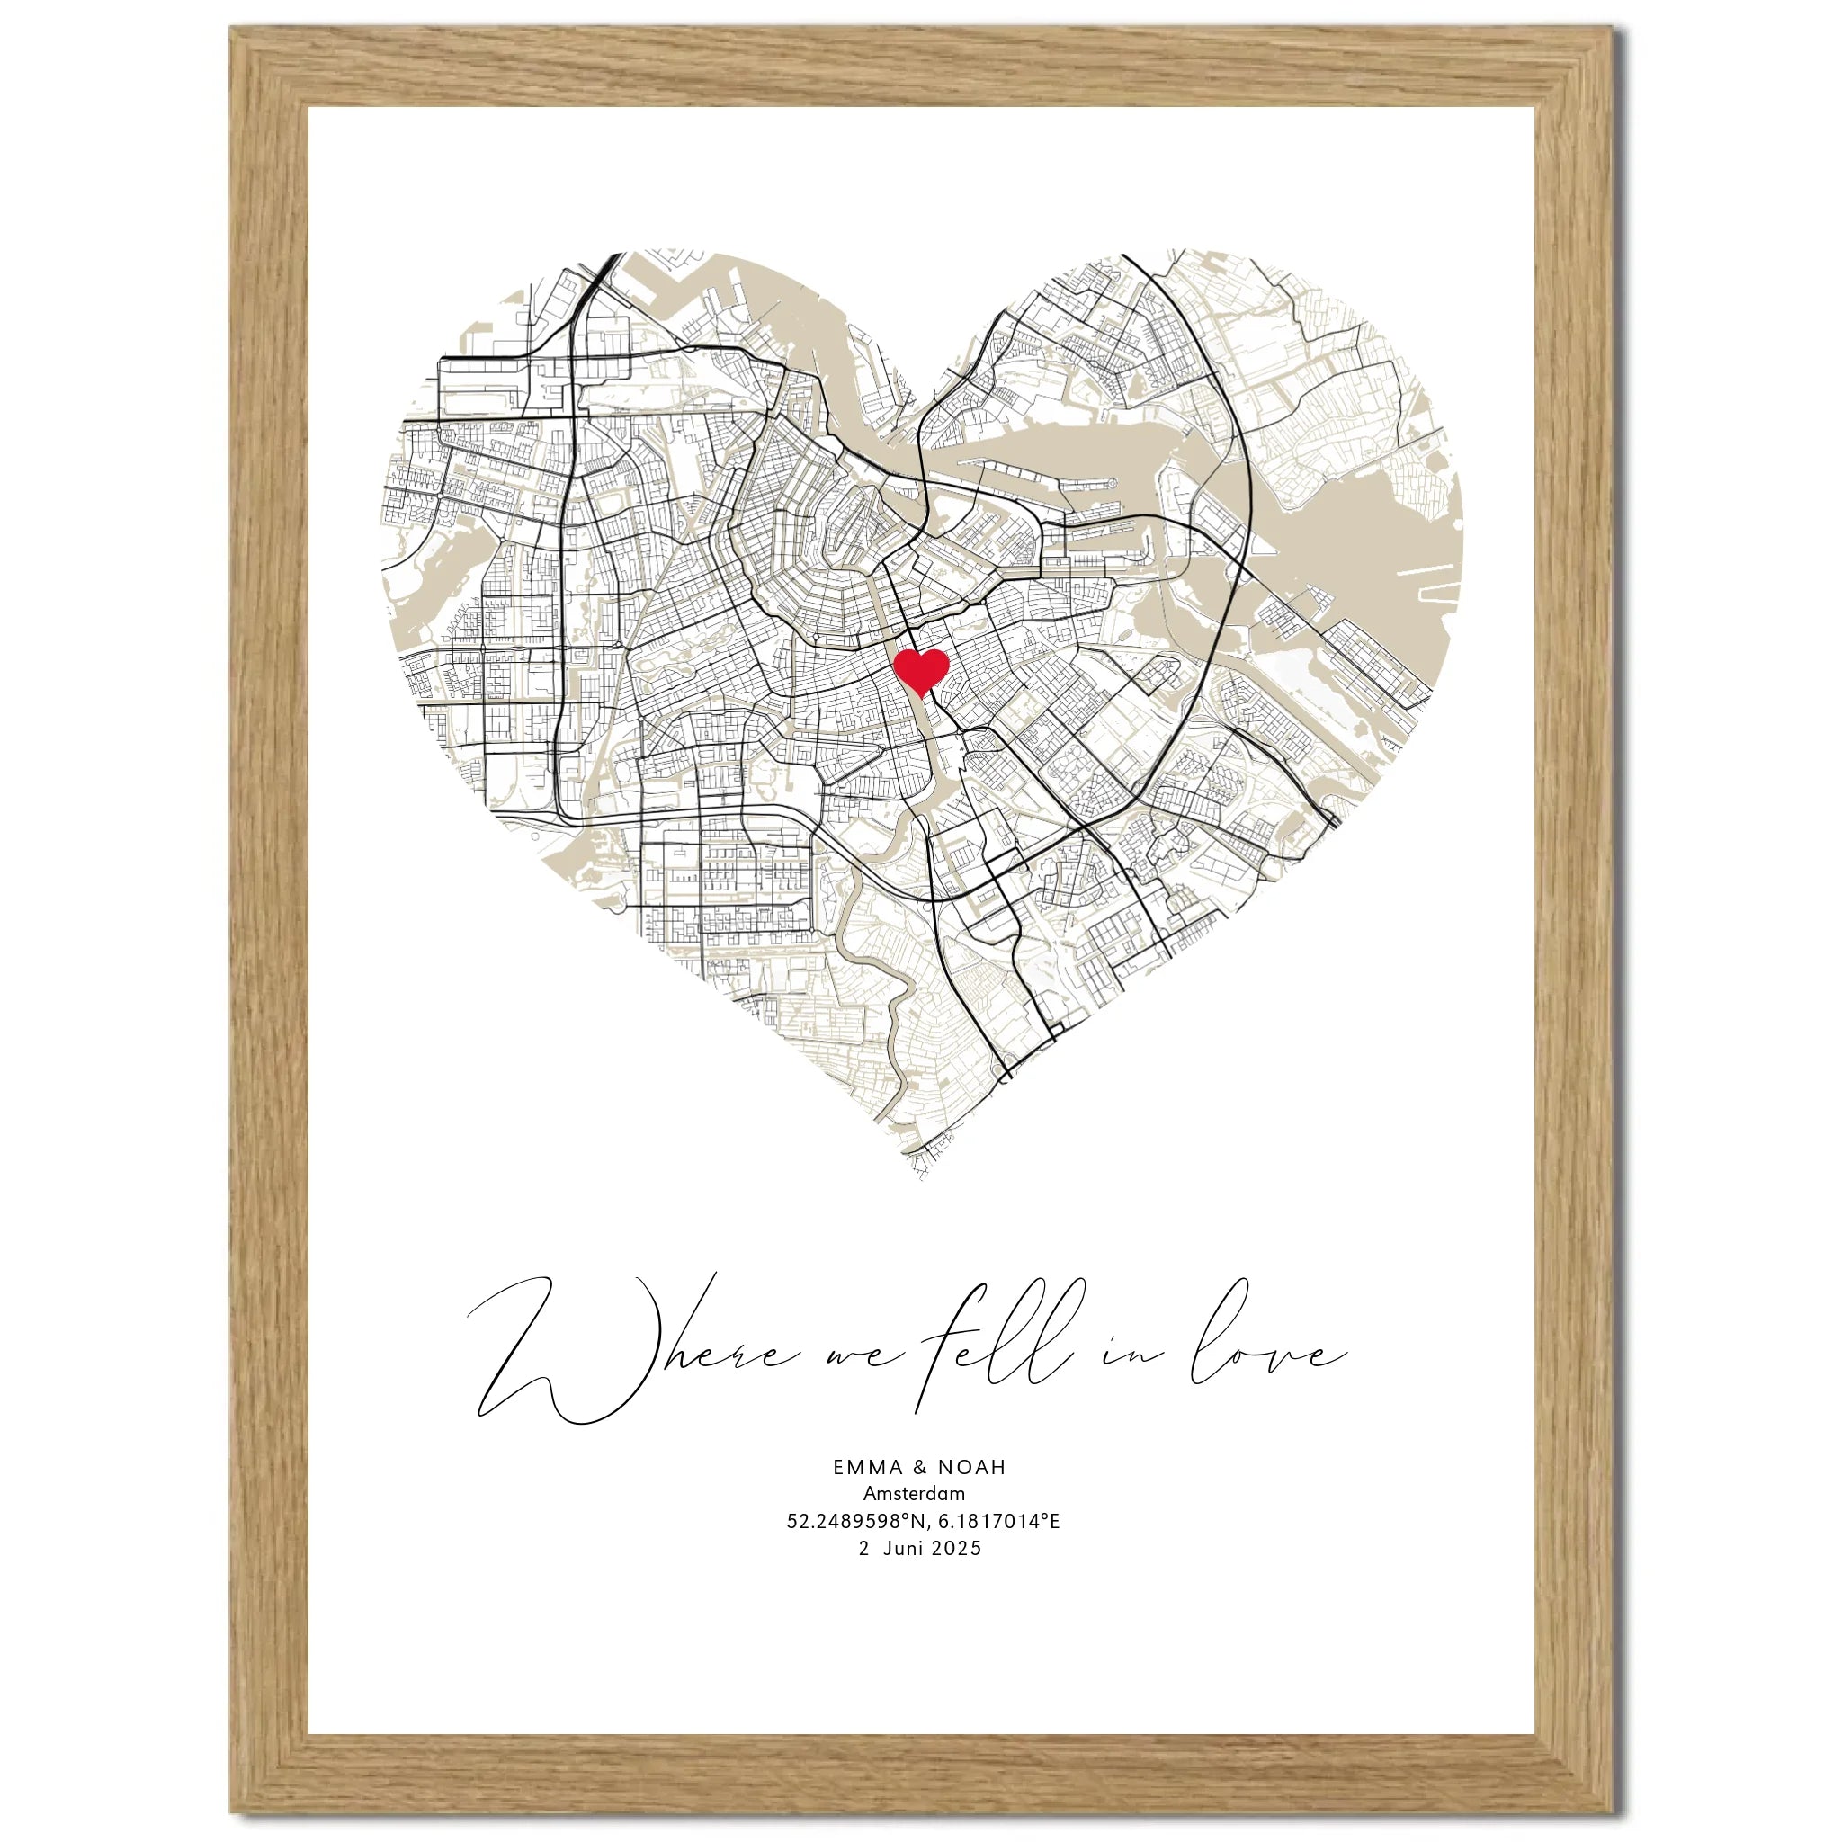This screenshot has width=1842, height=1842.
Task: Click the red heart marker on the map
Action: click(x=920, y=670)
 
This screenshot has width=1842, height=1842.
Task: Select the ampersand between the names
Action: click(x=919, y=1466)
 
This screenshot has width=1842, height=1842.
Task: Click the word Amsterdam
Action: click(x=915, y=1493)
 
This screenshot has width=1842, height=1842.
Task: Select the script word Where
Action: click(x=610, y=1354)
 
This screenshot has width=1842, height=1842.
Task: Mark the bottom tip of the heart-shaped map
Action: click(x=920, y=1178)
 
